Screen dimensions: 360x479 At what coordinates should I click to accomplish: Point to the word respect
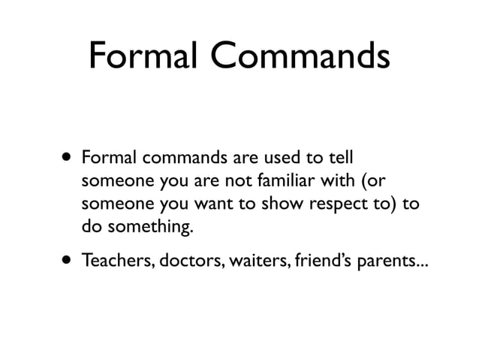pos(341,205)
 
